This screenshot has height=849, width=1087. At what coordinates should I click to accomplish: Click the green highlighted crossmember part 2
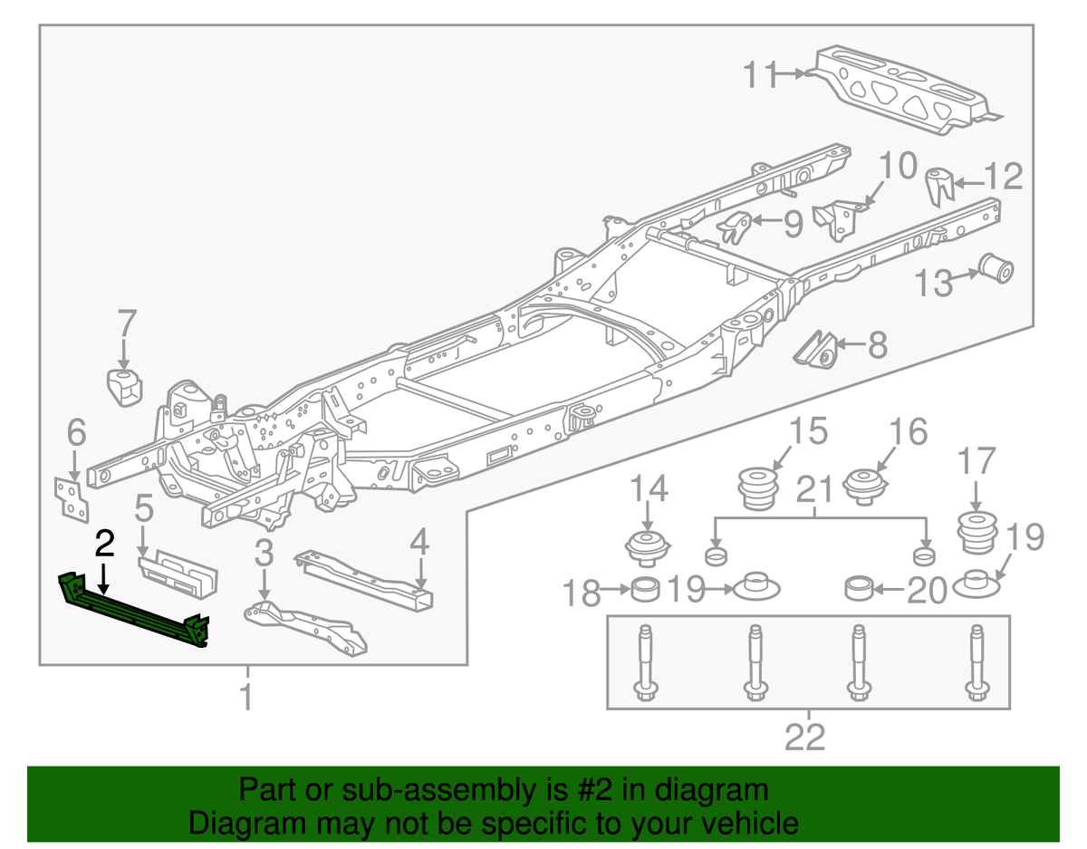click(x=136, y=613)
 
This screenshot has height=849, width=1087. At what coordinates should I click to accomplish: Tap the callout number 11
click(x=762, y=74)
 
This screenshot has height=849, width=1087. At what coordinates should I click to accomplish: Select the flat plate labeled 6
click(x=70, y=497)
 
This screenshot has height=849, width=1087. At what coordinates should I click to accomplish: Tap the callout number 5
click(x=143, y=509)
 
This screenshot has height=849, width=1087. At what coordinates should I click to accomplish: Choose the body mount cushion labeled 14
click(x=648, y=549)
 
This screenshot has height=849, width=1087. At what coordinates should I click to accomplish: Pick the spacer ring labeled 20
click(x=859, y=590)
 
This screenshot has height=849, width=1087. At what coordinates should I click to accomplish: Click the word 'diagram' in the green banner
click(x=715, y=790)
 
